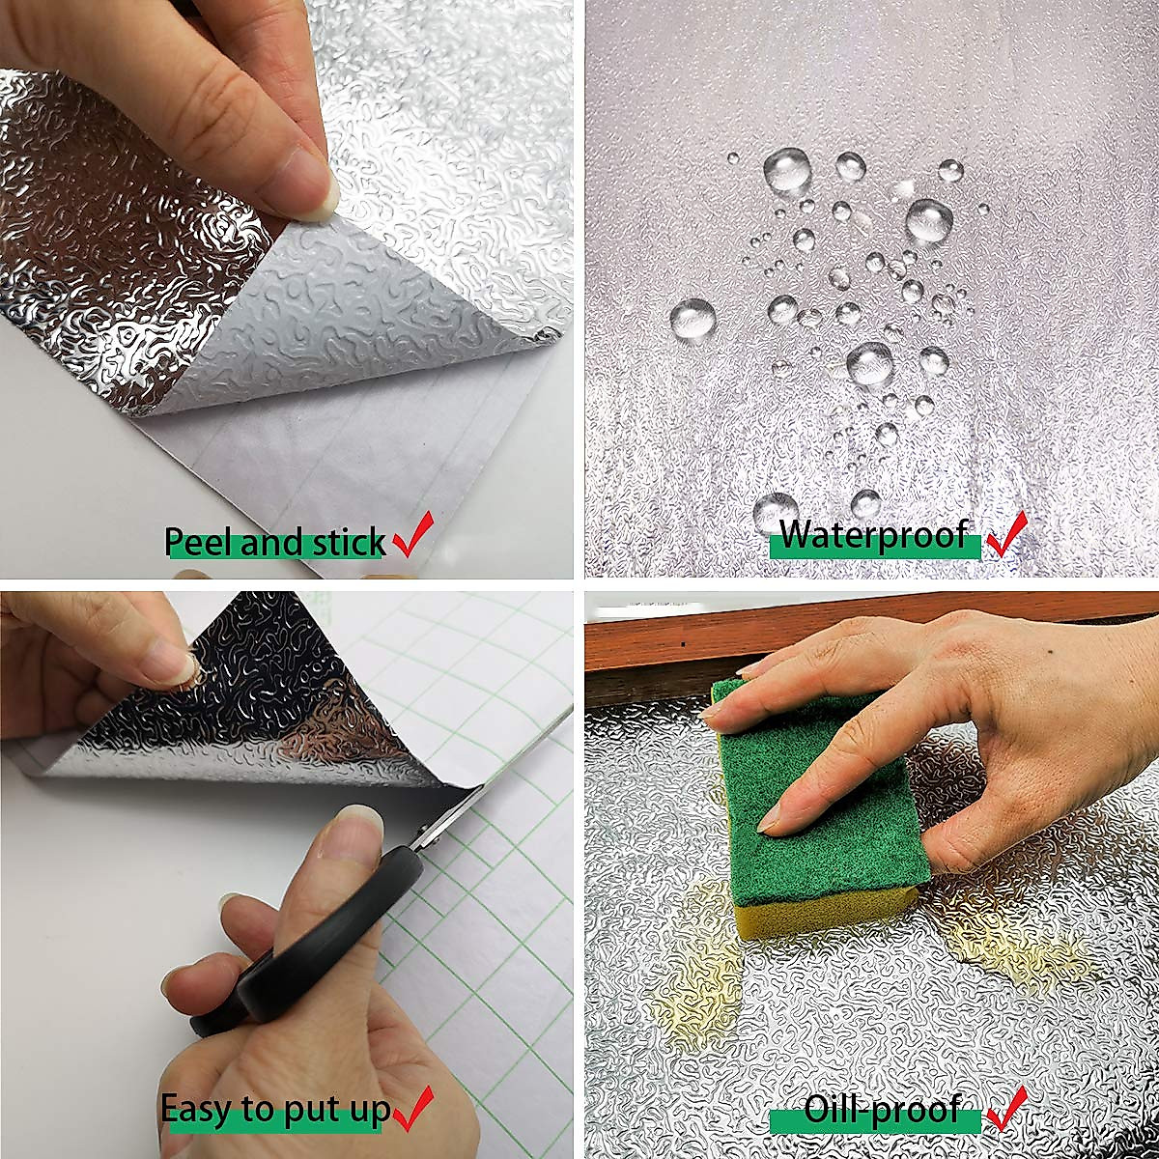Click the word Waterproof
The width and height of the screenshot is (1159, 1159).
click(873, 534)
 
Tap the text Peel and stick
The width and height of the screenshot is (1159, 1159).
click(275, 543)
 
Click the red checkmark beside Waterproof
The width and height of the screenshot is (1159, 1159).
click(1006, 533)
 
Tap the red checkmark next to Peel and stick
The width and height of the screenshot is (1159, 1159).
click(413, 536)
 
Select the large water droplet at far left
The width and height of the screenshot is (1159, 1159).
click(693, 319)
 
